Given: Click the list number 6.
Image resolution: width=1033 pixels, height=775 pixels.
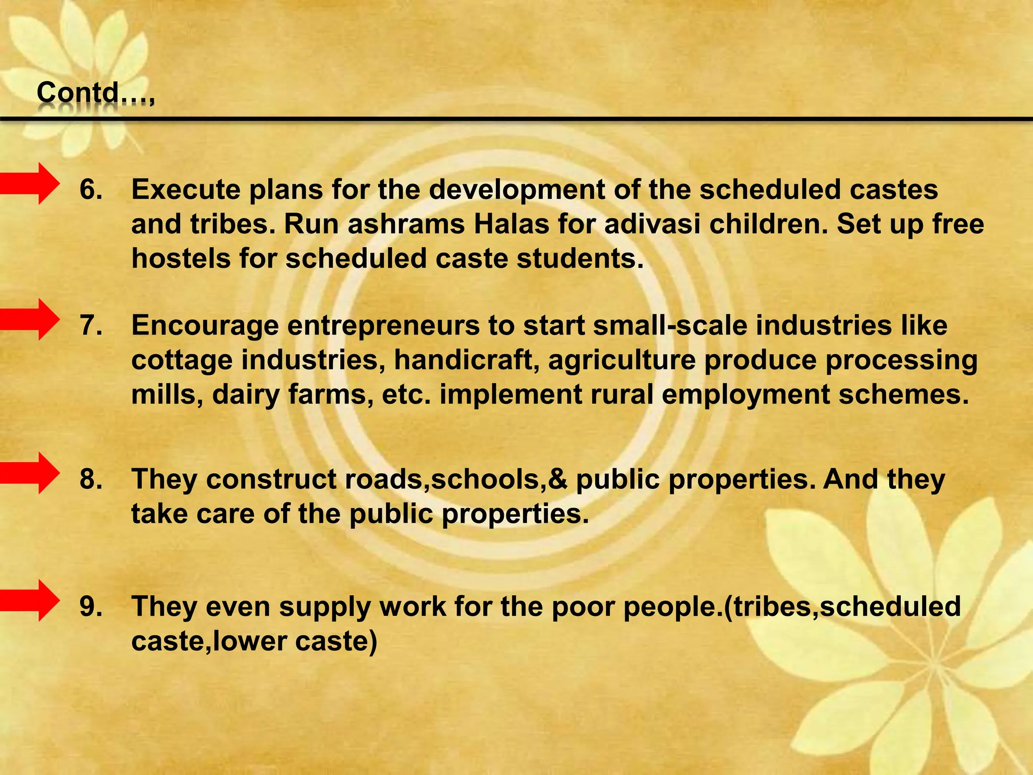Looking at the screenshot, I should (91, 190).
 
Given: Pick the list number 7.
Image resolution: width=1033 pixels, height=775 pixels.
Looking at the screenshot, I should (91, 325).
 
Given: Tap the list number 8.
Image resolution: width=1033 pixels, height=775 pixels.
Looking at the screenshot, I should (91, 479).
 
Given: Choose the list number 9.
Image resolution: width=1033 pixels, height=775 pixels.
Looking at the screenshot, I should (91, 606).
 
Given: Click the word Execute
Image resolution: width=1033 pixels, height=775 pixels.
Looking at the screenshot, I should (185, 190).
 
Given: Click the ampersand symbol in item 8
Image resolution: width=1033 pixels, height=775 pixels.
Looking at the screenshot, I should (557, 479).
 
